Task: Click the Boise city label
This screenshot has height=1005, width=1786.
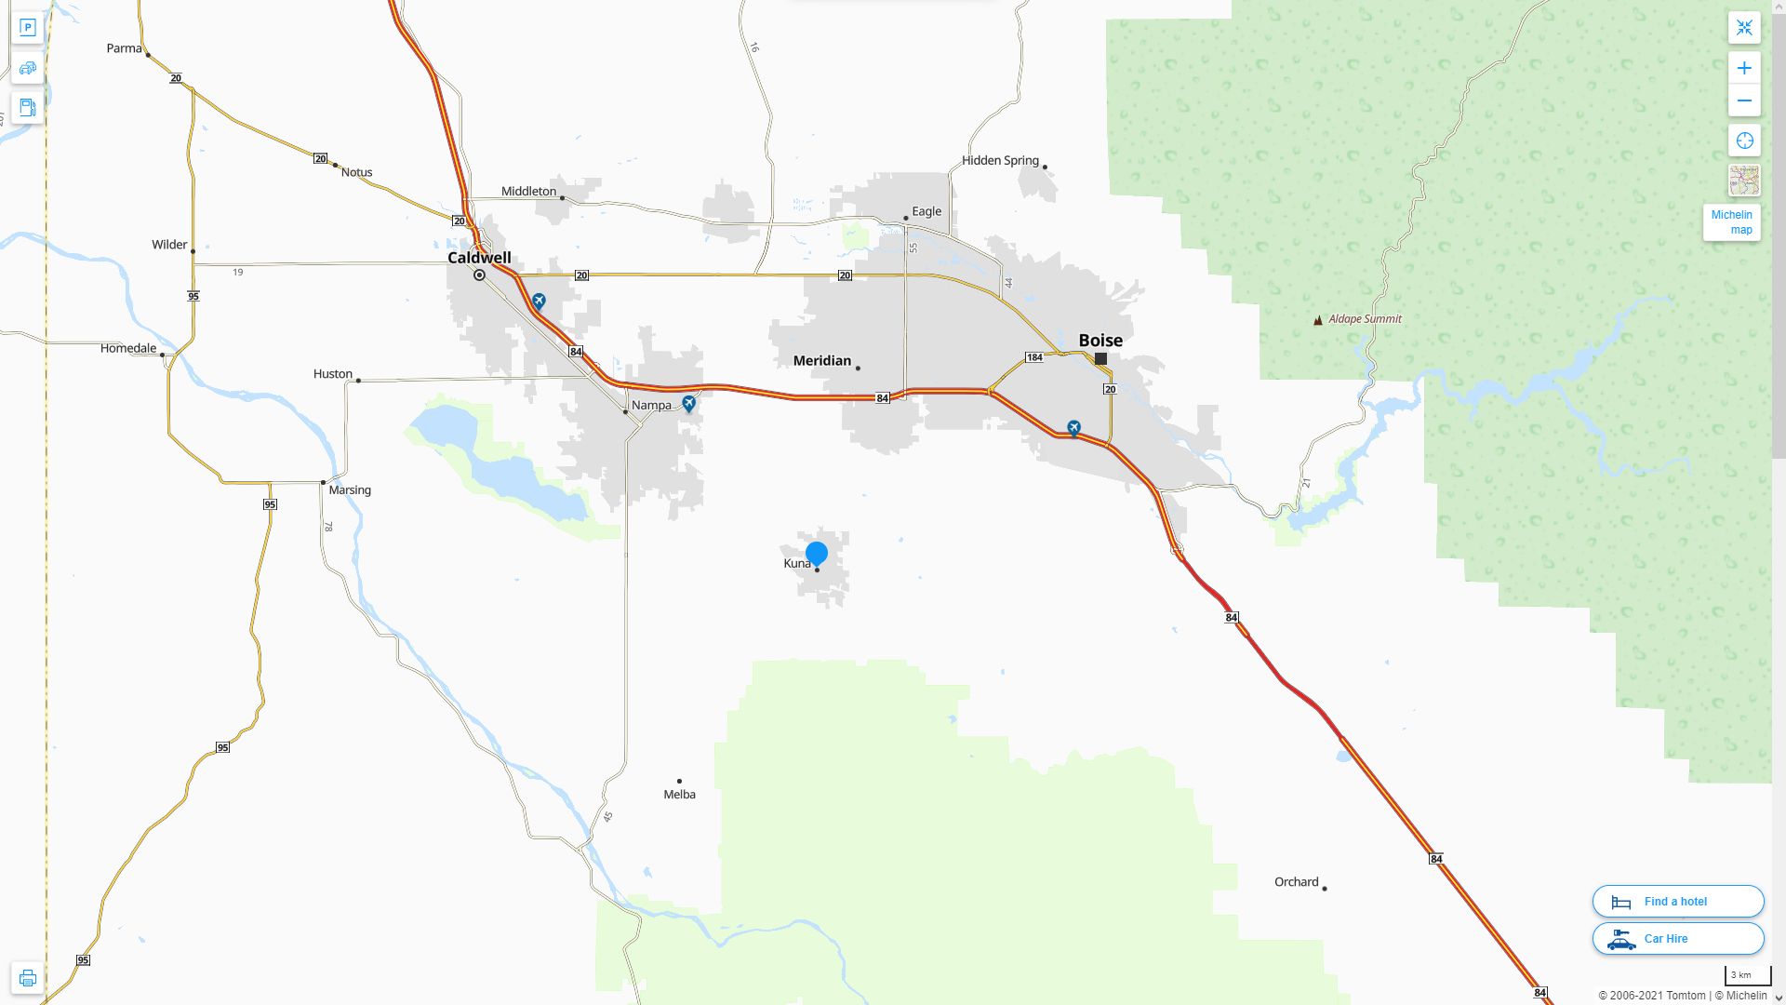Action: click(x=1100, y=341)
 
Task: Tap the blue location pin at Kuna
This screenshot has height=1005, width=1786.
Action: click(x=817, y=554)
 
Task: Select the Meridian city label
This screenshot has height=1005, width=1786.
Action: click(x=821, y=361)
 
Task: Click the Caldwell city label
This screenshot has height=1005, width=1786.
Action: click(x=479, y=258)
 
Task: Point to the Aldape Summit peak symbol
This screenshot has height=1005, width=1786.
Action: click(x=1317, y=320)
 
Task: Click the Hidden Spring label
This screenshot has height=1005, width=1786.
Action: click(x=1000, y=161)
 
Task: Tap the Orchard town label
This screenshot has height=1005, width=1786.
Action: click(x=1296, y=882)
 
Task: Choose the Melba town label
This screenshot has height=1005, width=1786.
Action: click(x=679, y=795)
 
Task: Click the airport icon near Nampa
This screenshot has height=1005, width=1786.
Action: click(x=688, y=404)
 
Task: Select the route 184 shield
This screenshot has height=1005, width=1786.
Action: click(x=1033, y=357)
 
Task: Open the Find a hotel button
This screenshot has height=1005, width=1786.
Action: click(x=1677, y=902)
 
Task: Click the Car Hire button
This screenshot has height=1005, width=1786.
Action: click(x=1677, y=939)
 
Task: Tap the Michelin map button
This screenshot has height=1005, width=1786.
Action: click(x=1731, y=222)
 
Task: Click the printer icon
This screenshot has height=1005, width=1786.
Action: click(x=27, y=978)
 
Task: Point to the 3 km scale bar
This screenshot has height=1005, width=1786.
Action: click(x=1746, y=976)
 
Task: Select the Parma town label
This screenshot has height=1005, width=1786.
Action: click(x=124, y=48)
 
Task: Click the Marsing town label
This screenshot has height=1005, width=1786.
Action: click(x=350, y=490)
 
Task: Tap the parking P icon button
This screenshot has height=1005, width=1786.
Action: click(x=27, y=28)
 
